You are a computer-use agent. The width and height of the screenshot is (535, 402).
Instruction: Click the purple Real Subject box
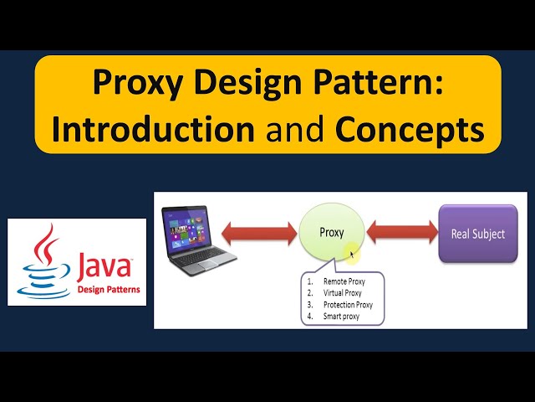click(x=472, y=234)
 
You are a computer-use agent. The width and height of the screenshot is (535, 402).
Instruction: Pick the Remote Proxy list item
click(x=343, y=282)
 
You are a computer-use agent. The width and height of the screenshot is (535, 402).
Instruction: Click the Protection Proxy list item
click(x=348, y=306)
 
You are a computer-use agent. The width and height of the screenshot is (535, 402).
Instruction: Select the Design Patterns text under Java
click(x=109, y=290)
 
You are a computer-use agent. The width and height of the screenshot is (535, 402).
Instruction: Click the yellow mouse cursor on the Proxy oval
click(x=354, y=254)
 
